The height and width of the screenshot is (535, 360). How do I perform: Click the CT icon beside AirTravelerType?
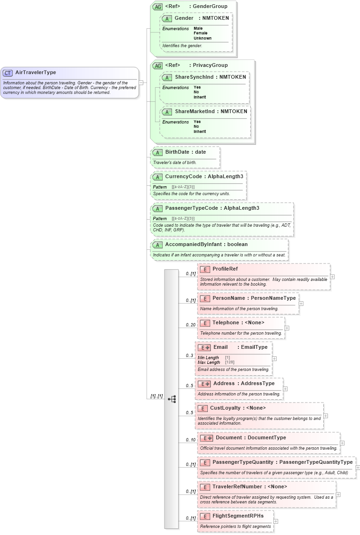[x=8, y=73]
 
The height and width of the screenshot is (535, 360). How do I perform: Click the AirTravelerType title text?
[x=35, y=73]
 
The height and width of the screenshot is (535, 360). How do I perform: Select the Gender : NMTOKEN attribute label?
[x=202, y=18]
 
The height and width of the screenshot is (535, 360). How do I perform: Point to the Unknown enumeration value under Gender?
[x=202, y=38]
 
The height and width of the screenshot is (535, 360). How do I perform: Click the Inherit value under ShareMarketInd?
[x=199, y=132]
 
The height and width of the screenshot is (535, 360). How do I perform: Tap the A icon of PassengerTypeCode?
[x=157, y=208]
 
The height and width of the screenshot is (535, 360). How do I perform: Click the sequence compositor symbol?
[x=172, y=399]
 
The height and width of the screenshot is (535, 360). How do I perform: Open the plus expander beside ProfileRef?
[x=333, y=277]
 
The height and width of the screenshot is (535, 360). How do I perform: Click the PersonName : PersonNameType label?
[x=254, y=298]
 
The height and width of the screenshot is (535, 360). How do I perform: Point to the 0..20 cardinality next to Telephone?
[x=190, y=325]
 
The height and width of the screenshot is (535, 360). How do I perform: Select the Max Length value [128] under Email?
[x=229, y=362]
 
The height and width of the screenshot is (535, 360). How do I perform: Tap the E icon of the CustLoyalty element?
[x=203, y=408]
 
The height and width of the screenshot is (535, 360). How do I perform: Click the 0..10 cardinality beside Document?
[x=190, y=440]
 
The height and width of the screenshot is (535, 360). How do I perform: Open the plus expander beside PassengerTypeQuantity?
[x=358, y=468]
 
